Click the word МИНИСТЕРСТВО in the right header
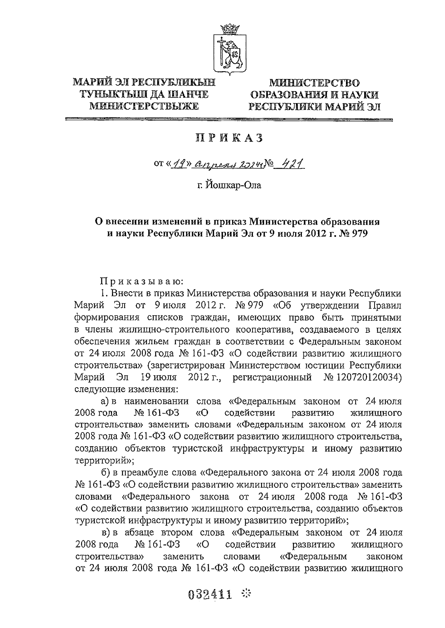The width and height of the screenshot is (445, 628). [x=314, y=83]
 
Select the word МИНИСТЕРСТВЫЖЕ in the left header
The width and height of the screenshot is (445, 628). [x=144, y=106]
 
